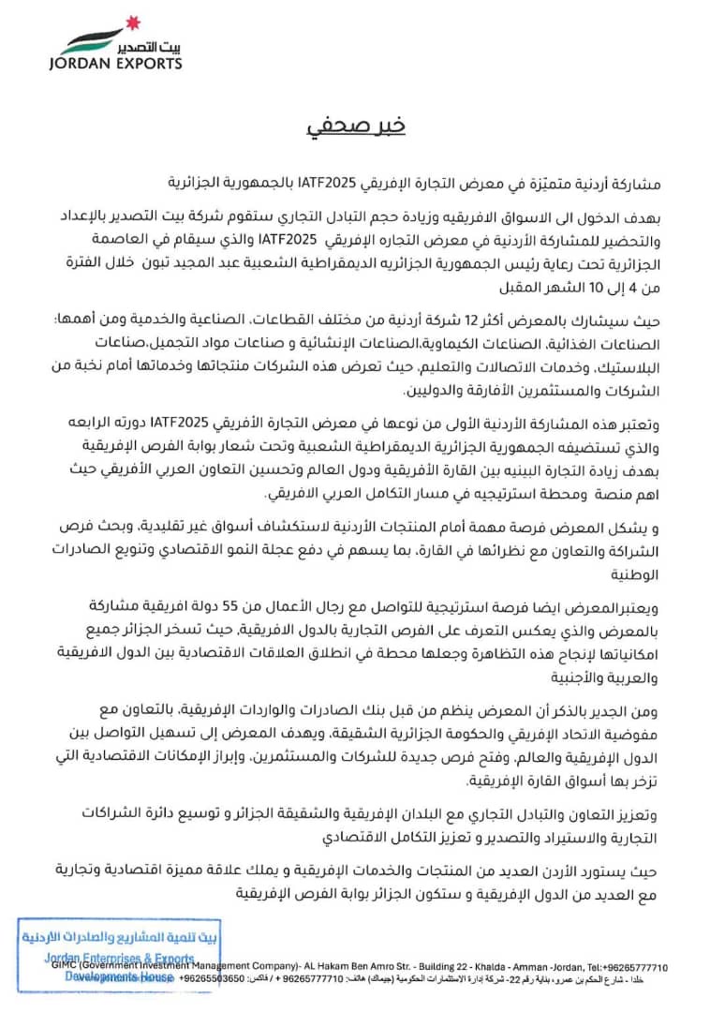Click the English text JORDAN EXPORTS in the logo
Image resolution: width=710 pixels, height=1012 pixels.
tap(115, 65)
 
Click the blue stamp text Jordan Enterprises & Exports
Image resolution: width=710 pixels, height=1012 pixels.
tap(120, 958)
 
